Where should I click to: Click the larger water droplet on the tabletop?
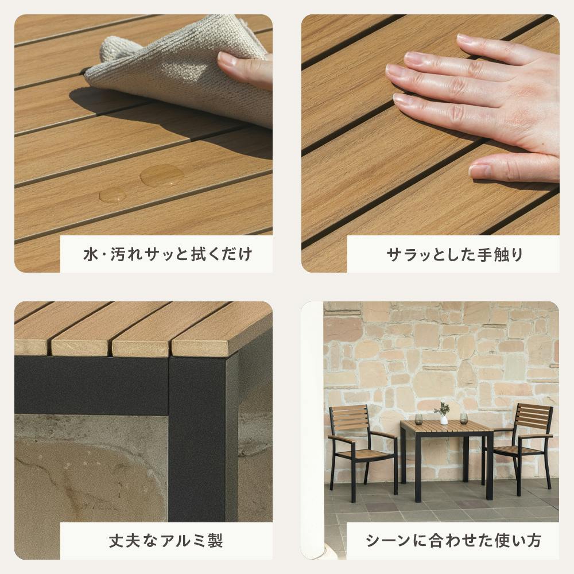point(162,175)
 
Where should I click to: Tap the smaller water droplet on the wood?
point(113,195)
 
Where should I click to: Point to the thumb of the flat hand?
point(513,168)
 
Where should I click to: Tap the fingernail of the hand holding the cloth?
point(226,59)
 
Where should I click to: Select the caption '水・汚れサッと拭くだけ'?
point(168,254)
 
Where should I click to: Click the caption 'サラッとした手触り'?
point(455,254)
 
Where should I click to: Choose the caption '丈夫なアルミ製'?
point(166,541)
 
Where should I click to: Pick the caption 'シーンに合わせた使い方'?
point(453,541)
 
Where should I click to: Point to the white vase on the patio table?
point(444,420)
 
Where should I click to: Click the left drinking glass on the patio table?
point(419,419)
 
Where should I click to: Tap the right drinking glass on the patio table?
point(464,418)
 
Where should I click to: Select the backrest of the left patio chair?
point(349,418)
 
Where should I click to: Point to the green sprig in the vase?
point(442,409)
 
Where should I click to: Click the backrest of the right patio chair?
point(534,416)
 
